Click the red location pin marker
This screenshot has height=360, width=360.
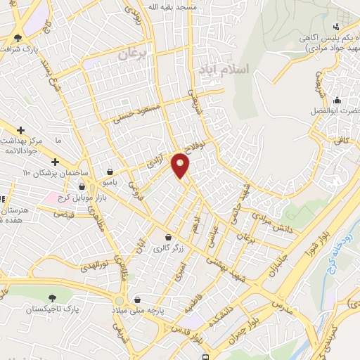coord(181,165)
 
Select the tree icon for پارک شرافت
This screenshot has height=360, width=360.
coord(18,39)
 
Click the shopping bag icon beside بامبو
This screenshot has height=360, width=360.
coord(110,172)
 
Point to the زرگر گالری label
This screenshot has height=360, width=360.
coord(169,248)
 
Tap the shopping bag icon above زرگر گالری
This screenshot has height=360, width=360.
coord(169,238)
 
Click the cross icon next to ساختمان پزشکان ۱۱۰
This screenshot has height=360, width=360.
coord(55,163)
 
